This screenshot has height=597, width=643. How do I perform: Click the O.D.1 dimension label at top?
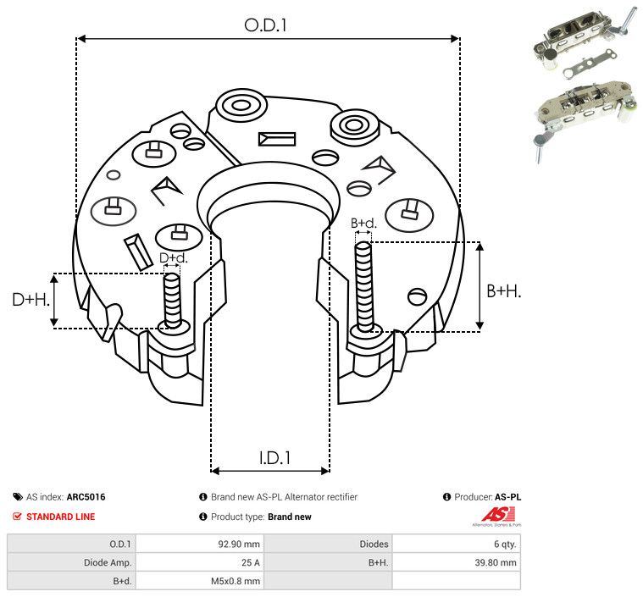[x=266, y=25]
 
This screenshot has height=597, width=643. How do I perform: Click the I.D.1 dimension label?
[x=274, y=458]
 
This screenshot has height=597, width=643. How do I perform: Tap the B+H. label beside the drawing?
[x=503, y=291]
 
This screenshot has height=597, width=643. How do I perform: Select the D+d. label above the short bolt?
[x=173, y=257]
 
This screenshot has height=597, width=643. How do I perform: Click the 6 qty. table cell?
[x=502, y=544]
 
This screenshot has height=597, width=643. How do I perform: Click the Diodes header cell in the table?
[x=374, y=544]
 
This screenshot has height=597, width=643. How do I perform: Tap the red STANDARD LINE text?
[x=60, y=517]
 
